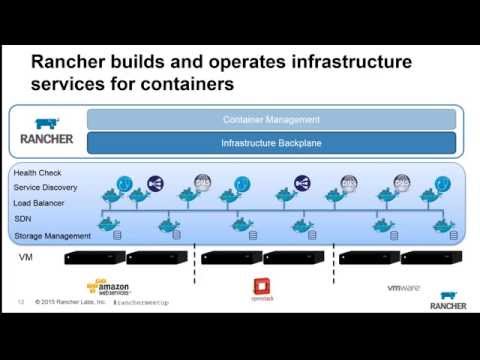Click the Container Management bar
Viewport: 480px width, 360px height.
(x=272, y=120)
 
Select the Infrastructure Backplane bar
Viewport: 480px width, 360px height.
(x=272, y=143)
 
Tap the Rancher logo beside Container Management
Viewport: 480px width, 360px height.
(x=47, y=131)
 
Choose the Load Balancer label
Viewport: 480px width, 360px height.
(x=39, y=204)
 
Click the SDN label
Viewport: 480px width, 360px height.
(x=22, y=220)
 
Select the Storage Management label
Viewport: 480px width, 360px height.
(x=53, y=236)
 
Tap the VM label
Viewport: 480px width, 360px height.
(x=26, y=257)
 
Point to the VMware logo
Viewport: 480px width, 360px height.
(x=402, y=288)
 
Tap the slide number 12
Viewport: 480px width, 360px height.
(x=21, y=300)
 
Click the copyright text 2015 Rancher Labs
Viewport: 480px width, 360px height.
(x=71, y=300)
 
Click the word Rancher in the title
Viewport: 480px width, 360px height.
(x=71, y=63)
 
